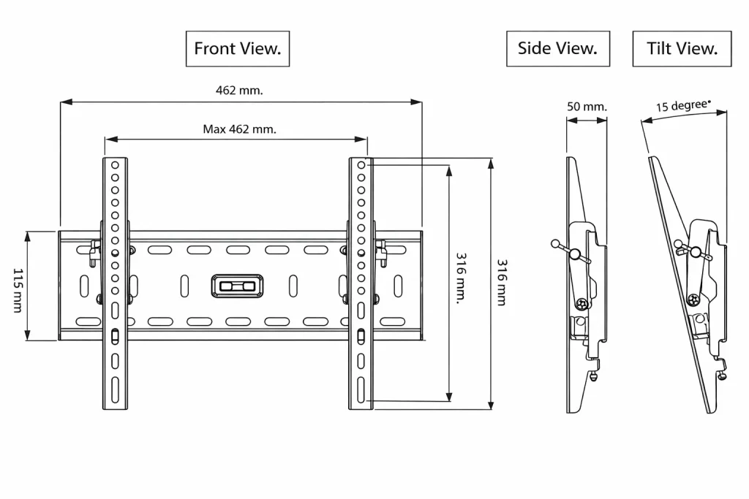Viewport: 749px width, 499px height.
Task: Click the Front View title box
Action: (237, 49)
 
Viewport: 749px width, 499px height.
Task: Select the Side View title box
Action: (557, 49)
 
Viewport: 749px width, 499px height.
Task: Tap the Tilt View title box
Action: (682, 49)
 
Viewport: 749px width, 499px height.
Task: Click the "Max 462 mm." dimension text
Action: (239, 129)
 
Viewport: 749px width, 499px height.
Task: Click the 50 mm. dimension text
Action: (587, 107)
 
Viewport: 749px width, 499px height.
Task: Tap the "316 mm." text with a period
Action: (461, 279)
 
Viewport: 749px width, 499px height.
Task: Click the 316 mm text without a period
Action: (502, 282)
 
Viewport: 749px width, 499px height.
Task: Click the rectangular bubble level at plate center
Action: (236, 286)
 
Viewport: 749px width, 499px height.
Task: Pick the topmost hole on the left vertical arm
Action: (115, 167)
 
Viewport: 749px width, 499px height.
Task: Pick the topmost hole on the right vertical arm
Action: (361, 167)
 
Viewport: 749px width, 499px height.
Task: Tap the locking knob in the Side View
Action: (575, 254)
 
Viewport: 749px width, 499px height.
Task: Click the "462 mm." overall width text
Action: (239, 91)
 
